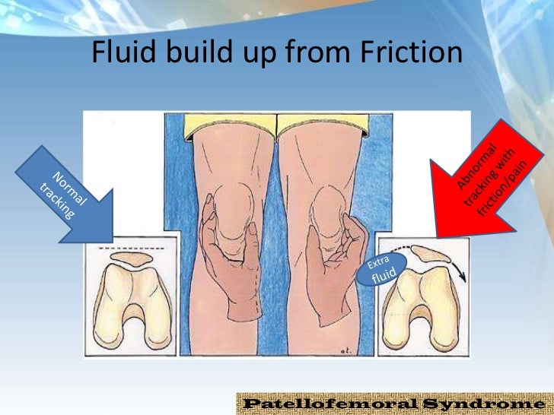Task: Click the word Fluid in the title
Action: pyautogui.click(x=123, y=52)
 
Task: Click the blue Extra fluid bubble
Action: pyautogui.click(x=380, y=271)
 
